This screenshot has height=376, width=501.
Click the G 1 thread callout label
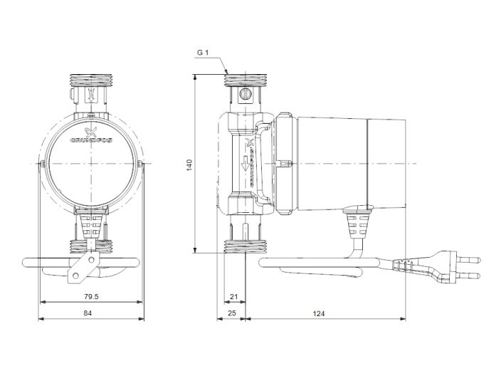tap(202, 53)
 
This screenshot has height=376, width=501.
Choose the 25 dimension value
tap(231, 312)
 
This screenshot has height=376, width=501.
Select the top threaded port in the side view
tap(243, 79)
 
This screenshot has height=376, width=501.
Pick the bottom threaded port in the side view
tap(243, 246)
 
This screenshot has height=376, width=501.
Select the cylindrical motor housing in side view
tap(349, 163)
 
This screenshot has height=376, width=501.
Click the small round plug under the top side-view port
tap(244, 94)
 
